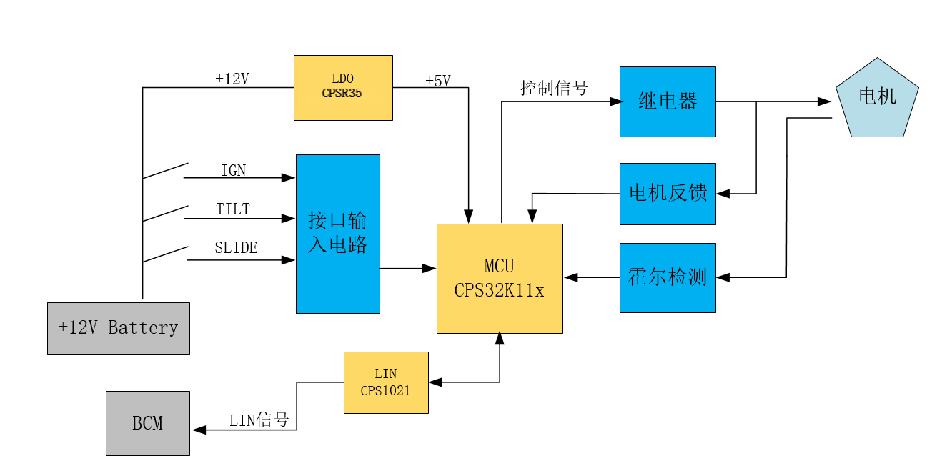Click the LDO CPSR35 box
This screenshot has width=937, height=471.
(343, 88)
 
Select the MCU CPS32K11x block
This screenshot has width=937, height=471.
(500, 279)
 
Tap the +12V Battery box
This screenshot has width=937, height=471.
(119, 328)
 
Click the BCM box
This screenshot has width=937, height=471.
(148, 423)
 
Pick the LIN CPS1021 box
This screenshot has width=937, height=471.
(386, 383)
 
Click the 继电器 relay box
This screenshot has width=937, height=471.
(668, 101)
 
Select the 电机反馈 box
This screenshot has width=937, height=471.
(668, 194)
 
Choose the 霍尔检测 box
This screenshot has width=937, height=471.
(668, 278)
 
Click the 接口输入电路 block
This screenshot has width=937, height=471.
(338, 234)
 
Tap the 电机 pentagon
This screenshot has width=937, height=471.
(877, 99)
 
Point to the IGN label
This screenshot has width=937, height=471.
(234, 171)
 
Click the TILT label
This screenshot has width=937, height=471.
(233, 209)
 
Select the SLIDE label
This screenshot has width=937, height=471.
(236, 247)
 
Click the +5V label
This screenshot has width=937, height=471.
(438, 81)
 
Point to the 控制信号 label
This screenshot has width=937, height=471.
(554, 88)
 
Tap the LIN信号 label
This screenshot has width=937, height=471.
(259, 420)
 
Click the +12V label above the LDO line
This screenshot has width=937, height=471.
(232, 79)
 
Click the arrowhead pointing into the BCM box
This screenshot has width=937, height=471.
(199, 430)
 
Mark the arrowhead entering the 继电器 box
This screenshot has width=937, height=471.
(616, 101)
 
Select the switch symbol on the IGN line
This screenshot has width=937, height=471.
(165, 171)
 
